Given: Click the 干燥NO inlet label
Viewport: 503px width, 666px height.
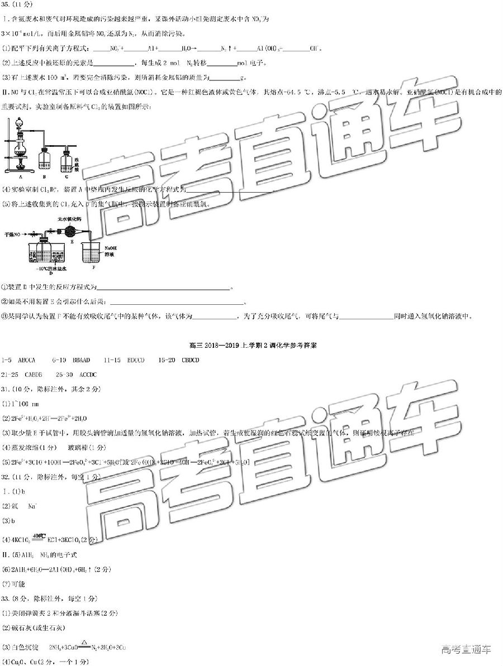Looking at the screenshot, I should point(13,234).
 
